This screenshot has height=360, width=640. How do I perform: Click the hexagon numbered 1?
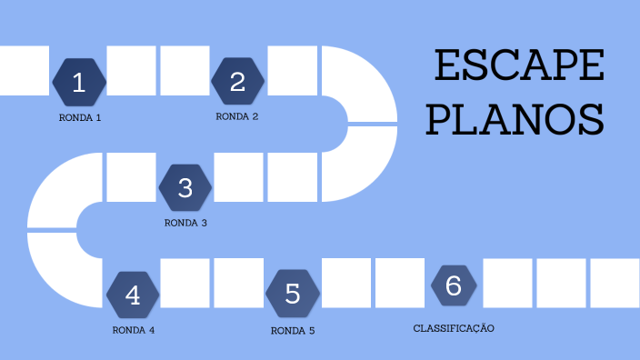coord(79,83)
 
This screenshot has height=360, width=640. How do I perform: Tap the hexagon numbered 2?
coord(237,82)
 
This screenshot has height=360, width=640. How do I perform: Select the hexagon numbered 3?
coord(185,187)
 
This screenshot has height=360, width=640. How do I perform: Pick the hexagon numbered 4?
coord(133,295)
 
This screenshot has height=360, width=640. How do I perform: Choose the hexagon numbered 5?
coord(292,294)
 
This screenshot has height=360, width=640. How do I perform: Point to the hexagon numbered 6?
coord(454,285)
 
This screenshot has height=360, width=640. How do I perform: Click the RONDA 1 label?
coord(79,118)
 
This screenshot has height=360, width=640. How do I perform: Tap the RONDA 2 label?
coord(237,116)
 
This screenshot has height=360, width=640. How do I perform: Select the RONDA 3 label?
coord(185,223)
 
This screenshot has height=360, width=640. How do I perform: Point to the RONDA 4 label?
coord(134,330)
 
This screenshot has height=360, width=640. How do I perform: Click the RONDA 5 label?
coord(293,330)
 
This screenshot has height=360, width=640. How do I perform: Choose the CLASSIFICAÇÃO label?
coord(454,327)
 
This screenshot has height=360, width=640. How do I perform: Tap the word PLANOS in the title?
coord(515,118)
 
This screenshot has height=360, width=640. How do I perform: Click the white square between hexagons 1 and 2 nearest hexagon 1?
coord(132,71)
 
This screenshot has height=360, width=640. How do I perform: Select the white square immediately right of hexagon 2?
coord(293,71)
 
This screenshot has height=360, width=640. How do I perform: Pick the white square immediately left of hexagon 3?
coord(132,176)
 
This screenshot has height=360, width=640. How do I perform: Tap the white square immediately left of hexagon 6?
coord(400,283)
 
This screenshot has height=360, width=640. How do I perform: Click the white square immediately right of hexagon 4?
coord(185,283)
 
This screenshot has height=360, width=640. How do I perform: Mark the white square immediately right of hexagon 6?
coord(507,283)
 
